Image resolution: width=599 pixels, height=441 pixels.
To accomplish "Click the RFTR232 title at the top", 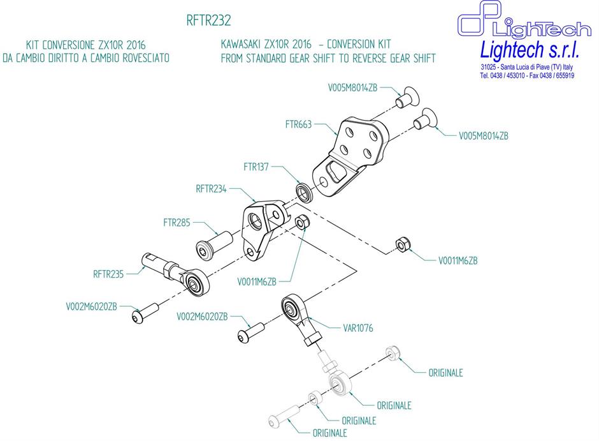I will coord(208,21).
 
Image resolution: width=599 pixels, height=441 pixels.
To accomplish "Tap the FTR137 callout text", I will coord(256,167).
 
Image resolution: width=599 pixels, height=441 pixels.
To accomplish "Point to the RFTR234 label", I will coord(212,189).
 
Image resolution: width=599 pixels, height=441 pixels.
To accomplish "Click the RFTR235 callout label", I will coord(109,274).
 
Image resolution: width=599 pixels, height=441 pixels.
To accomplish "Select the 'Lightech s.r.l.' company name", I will coord(526,49).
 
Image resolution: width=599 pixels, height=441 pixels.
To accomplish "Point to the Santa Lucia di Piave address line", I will coord(527,67).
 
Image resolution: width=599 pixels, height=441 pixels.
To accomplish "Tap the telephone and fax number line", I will coord(527,75).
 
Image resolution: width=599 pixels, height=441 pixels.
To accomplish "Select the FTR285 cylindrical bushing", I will coord(213,246).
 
